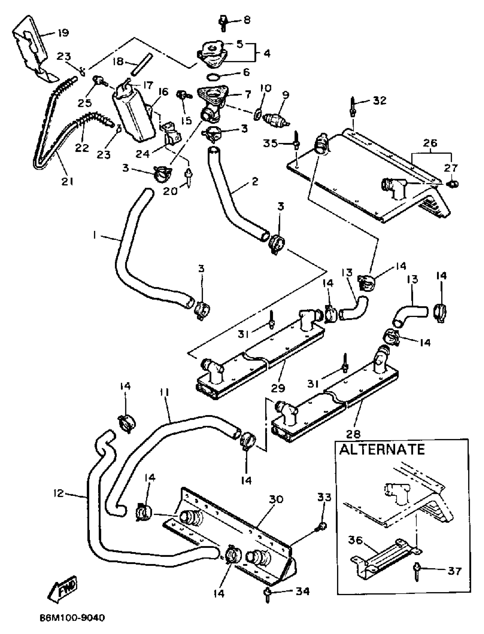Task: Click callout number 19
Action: (63, 33)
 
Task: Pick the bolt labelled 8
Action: (223, 24)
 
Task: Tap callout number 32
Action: (380, 101)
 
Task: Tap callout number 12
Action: (58, 493)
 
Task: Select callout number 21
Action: (67, 181)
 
